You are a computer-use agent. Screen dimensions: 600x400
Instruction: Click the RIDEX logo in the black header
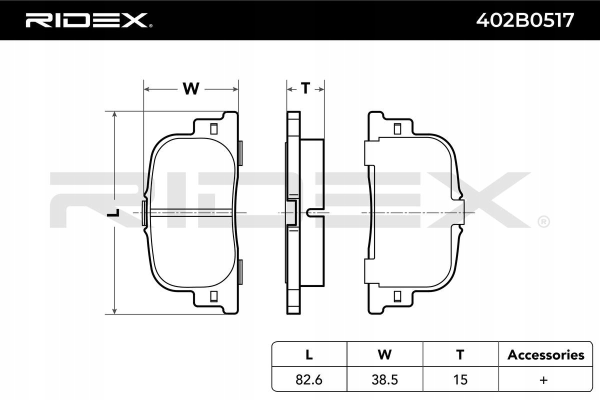point(89,20)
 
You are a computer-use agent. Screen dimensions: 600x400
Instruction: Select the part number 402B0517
point(525,20)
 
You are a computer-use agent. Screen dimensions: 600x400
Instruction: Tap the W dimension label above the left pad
point(191,88)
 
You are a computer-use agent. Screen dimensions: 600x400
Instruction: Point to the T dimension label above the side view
point(305,88)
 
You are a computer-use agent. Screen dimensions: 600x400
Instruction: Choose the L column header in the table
point(309,354)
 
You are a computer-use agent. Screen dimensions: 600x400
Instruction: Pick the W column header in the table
point(384,354)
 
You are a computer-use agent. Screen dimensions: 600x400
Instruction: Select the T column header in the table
point(460,354)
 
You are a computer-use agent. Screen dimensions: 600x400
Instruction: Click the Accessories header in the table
point(545,355)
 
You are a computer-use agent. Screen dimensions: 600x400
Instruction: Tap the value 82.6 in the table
point(309,379)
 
